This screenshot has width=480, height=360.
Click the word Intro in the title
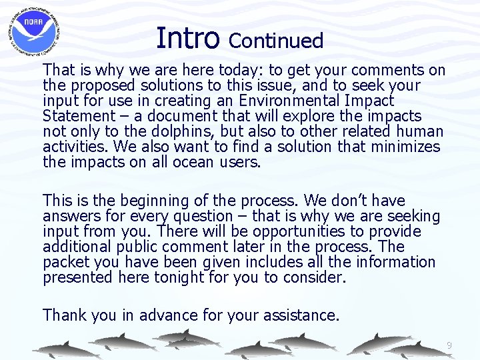pos(187,38)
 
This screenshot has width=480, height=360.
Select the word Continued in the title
pos(276,41)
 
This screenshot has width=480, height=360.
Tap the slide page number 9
pos(449,345)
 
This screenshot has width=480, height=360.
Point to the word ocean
pos(188,163)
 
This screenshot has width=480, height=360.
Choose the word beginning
pos(149,201)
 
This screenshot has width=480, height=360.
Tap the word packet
pos(65,262)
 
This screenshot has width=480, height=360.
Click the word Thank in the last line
pos(67,315)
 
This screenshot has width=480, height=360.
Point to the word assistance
pos(299,315)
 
